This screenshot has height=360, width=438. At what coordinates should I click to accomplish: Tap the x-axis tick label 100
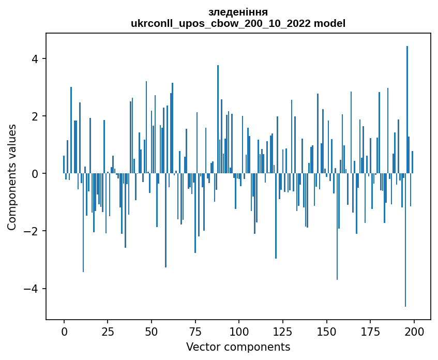coord(239,331)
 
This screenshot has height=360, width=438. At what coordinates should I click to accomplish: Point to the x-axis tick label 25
coord(108,331)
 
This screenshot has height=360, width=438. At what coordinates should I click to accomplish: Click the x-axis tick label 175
coord(370,331)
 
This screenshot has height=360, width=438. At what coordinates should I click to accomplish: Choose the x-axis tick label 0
coord(64,331)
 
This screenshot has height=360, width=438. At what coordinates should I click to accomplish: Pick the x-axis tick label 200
coord(414,331)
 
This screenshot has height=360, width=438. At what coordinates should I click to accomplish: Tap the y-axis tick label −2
coord(31,231)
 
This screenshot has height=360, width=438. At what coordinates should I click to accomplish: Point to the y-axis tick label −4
coord(31,289)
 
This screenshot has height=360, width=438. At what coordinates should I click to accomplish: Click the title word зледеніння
coord(238,12)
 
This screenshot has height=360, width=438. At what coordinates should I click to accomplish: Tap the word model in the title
coord(331,23)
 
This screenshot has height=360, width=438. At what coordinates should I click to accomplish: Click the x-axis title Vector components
coord(238,347)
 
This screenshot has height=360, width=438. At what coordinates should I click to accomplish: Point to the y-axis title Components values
coord(12,177)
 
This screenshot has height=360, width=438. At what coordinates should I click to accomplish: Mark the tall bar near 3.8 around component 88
coord(218,119)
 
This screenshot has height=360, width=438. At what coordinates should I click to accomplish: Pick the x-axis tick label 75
coord(195,331)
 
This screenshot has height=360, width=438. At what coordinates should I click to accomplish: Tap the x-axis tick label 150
coord(326,331)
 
